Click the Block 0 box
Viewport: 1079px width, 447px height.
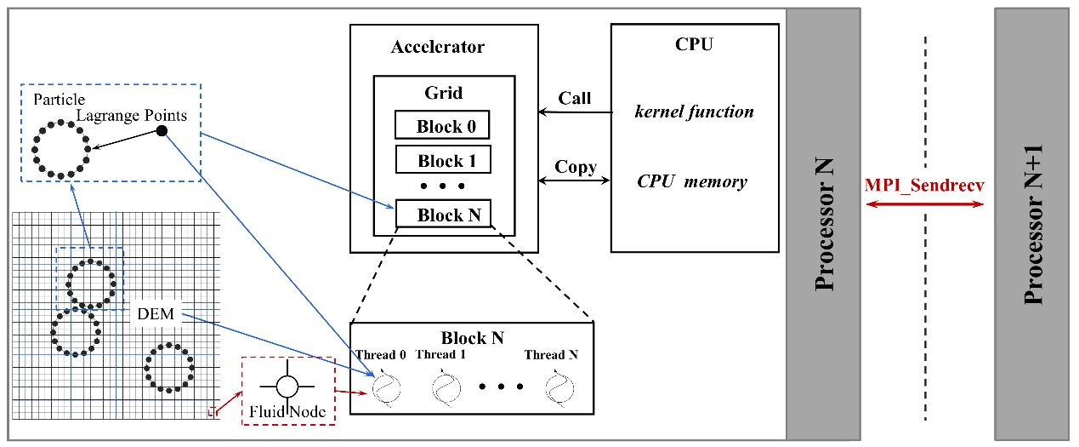[x=442, y=126]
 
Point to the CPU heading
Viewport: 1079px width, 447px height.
[x=695, y=45]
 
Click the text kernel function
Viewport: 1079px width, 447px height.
[x=694, y=112]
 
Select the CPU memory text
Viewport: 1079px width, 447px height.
[x=692, y=181]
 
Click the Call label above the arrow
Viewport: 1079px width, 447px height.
[x=574, y=98]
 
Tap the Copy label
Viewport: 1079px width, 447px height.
[x=575, y=166]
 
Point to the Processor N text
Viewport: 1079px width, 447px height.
[x=822, y=223]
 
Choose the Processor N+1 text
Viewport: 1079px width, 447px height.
[x=1033, y=224]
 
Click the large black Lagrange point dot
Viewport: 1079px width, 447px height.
[x=162, y=130]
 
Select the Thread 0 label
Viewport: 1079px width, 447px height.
[x=381, y=355]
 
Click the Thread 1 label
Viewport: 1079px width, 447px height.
[x=440, y=355]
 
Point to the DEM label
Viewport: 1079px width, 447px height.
[x=156, y=315]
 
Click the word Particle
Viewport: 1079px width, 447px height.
[x=59, y=100]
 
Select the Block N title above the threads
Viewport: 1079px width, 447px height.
[x=472, y=338]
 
